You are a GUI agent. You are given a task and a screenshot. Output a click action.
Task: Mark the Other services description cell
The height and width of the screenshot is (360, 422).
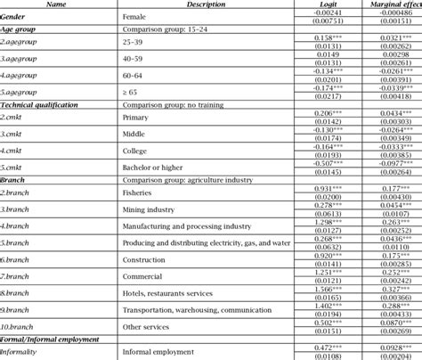(150, 327)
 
